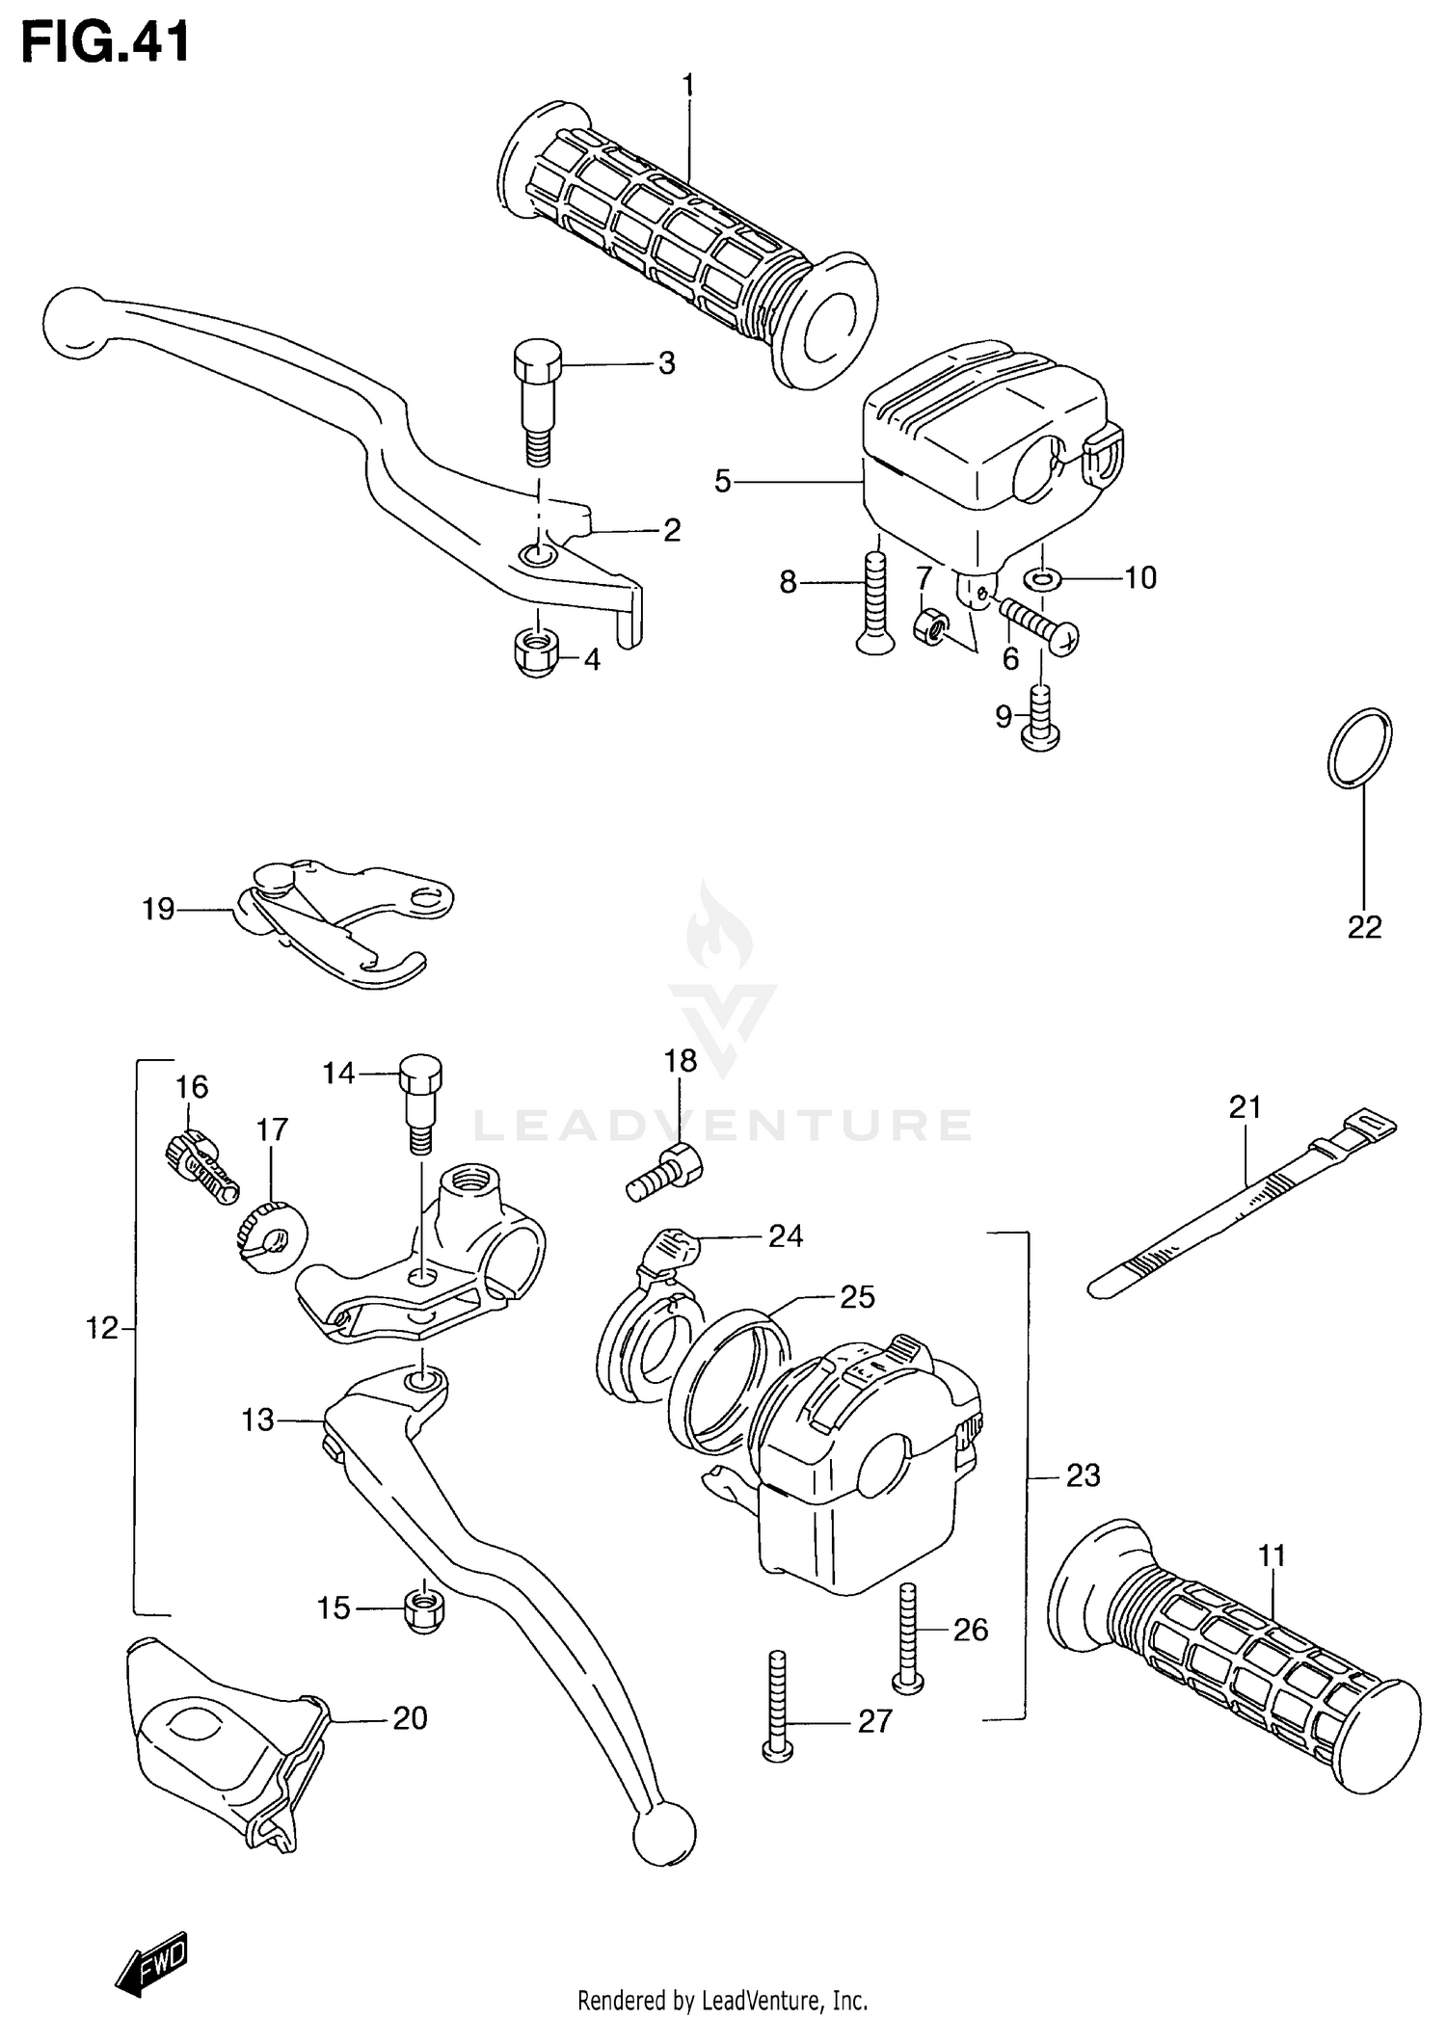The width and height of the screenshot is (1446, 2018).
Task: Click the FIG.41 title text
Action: coord(106,42)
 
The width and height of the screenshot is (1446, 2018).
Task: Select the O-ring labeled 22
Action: coord(1359,749)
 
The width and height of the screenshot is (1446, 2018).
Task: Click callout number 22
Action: coord(1364,927)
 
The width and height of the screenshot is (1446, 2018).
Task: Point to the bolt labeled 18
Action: coord(667,1174)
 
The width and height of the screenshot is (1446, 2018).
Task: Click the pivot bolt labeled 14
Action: coord(420,1099)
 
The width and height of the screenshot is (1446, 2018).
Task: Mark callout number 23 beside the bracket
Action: coord(1083,1475)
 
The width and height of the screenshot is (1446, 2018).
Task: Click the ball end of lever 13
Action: coord(664,1829)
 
